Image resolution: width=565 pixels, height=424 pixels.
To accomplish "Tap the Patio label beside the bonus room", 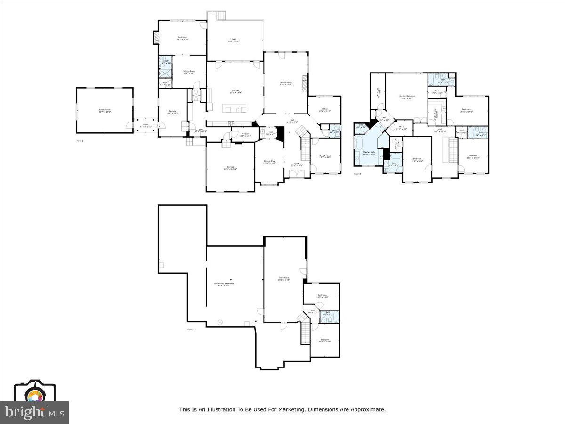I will click(145, 125).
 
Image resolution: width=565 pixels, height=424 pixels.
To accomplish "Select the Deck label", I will click(234, 41).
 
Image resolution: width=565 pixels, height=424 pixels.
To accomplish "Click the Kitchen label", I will click(235, 91).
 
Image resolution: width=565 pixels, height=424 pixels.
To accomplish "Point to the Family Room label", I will click(286, 83).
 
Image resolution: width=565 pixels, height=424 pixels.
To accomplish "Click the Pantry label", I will click(245, 135).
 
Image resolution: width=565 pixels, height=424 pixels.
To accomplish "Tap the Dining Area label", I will click(269, 163).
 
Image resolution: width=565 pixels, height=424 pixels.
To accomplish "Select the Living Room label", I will click(325, 156).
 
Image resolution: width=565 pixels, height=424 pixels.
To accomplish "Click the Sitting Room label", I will click(189, 72).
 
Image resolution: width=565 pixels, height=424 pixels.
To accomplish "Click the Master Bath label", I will click(369, 153).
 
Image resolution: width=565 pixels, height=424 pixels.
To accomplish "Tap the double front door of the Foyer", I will click(297, 175).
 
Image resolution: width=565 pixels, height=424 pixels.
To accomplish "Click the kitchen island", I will click(234, 110).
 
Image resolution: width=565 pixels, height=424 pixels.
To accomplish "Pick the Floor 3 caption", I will click(357, 174).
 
